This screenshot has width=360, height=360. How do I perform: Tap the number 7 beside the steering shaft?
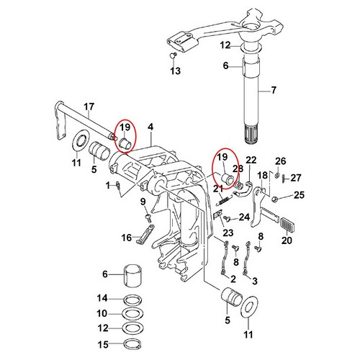(x=273, y=91)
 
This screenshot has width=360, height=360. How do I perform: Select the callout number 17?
(x=89, y=109)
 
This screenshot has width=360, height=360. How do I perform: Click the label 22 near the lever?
(x=251, y=160)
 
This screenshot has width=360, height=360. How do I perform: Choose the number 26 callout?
(x=281, y=161)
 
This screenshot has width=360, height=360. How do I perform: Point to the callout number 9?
(x=143, y=202)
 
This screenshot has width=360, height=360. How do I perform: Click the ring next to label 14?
(x=130, y=297)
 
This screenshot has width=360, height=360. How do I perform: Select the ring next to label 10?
(x=130, y=313)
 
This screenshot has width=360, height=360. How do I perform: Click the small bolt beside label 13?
(x=172, y=55)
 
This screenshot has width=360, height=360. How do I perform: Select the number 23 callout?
(x=228, y=232)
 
